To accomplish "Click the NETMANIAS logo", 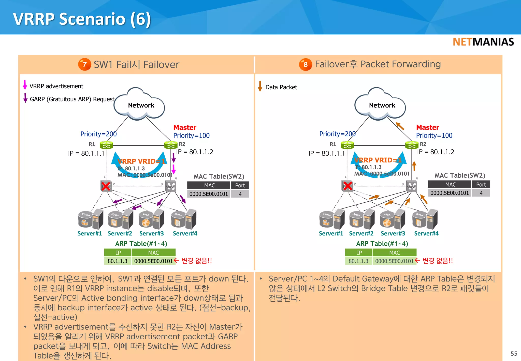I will (x=483, y=42).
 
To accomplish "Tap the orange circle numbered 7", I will (x=84, y=64).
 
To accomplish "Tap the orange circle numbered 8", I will (x=305, y=64).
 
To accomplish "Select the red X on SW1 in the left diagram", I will (x=106, y=186).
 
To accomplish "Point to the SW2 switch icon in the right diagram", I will (x=411, y=186).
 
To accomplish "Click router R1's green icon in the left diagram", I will (x=106, y=145).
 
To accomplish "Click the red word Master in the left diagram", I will (x=185, y=128).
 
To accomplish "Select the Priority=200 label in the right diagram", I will (x=337, y=134).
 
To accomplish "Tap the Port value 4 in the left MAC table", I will (x=240, y=194).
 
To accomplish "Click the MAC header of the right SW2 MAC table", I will (x=450, y=185).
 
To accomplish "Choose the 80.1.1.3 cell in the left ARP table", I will (x=117, y=261).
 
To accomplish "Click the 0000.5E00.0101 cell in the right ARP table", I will (x=394, y=261).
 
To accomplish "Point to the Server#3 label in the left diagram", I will (x=151, y=233).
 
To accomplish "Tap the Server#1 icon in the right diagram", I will (x=331, y=219).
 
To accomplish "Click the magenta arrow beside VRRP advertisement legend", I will (x=25, y=85).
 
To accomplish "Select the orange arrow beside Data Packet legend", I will (x=260, y=86).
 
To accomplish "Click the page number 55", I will (x=514, y=353).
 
